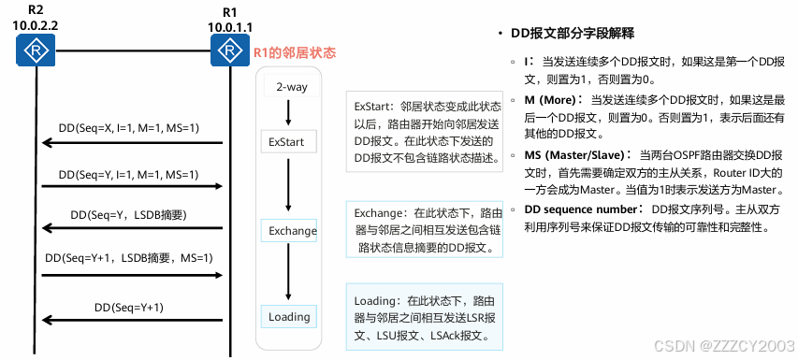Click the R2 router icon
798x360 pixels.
(x=36, y=50)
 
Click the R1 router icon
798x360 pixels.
(x=230, y=50)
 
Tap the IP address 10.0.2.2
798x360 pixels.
(x=36, y=26)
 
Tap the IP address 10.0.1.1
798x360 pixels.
(x=230, y=26)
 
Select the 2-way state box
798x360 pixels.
(x=292, y=86)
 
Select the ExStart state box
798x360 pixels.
(x=288, y=142)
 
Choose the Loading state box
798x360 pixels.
(x=288, y=317)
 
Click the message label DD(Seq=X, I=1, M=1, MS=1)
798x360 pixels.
(x=129, y=129)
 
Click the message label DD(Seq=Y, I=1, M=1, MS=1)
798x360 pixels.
(x=129, y=175)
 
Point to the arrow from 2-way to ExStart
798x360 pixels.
(x=288, y=112)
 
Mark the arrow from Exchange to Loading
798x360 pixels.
(x=288, y=272)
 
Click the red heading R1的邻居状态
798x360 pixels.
(x=295, y=53)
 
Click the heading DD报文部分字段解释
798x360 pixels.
(x=573, y=34)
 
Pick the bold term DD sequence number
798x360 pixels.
(x=580, y=209)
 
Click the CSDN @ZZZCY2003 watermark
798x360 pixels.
(x=724, y=346)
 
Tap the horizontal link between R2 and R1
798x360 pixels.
(x=133, y=50)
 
